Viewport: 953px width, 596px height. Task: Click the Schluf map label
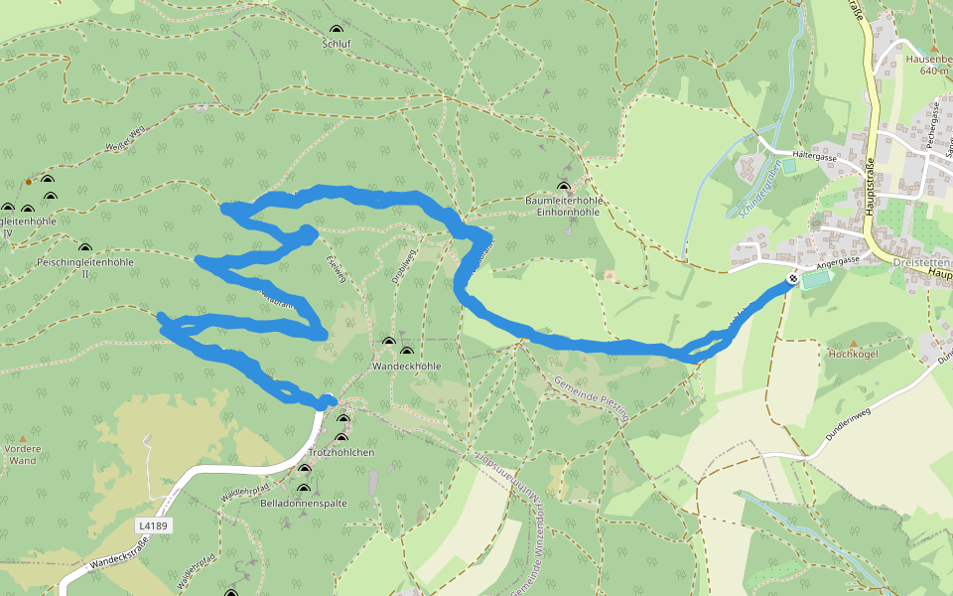click(x=337, y=44)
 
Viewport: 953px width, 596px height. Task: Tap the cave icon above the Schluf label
click(x=337, y=30)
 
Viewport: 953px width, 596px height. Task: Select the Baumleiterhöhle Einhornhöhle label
click(x=564, y=206)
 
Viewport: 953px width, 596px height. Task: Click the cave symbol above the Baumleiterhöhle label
click(x=564, y=186)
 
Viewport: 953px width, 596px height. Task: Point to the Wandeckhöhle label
click(x=405, y=366)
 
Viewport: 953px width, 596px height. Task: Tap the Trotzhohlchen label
click(x=340, y=452)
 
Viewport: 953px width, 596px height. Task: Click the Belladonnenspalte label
click(x=303, y=504)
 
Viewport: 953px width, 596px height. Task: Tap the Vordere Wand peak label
click(x=22, y=454)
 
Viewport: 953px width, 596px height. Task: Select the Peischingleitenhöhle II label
click(x=84, y=267)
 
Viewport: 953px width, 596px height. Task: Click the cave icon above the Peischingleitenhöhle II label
click(x=84, y=247)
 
